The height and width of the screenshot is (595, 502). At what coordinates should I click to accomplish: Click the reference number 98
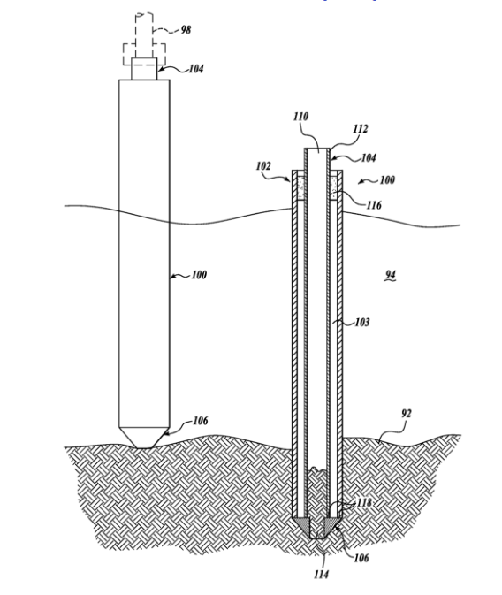(x=186, y=29)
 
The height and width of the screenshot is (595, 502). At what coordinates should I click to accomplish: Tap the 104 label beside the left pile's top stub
(x=196, y=69)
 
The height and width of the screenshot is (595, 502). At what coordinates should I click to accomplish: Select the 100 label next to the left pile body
(x=199, y=275)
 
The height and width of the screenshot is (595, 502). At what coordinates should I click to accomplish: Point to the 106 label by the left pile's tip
(x=201, y=421)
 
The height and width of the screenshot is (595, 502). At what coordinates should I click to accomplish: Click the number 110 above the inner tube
(x=300, y=117)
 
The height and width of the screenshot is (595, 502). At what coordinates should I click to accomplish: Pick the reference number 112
(x=360, y=129)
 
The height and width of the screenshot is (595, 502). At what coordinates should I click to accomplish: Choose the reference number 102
(x=263, y=166)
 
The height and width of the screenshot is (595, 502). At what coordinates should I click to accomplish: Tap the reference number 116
(x=374, y=205)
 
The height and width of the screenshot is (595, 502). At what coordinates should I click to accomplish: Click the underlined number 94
(x=391, y=275)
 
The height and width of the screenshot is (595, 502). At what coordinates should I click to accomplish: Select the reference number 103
(x=362, y=322)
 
